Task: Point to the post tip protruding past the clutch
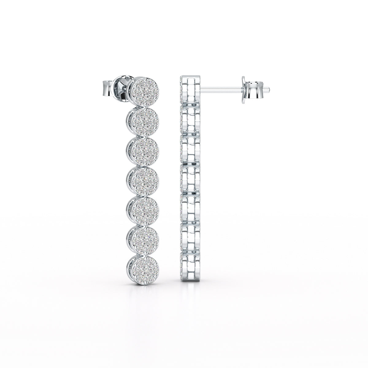point(267,90)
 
